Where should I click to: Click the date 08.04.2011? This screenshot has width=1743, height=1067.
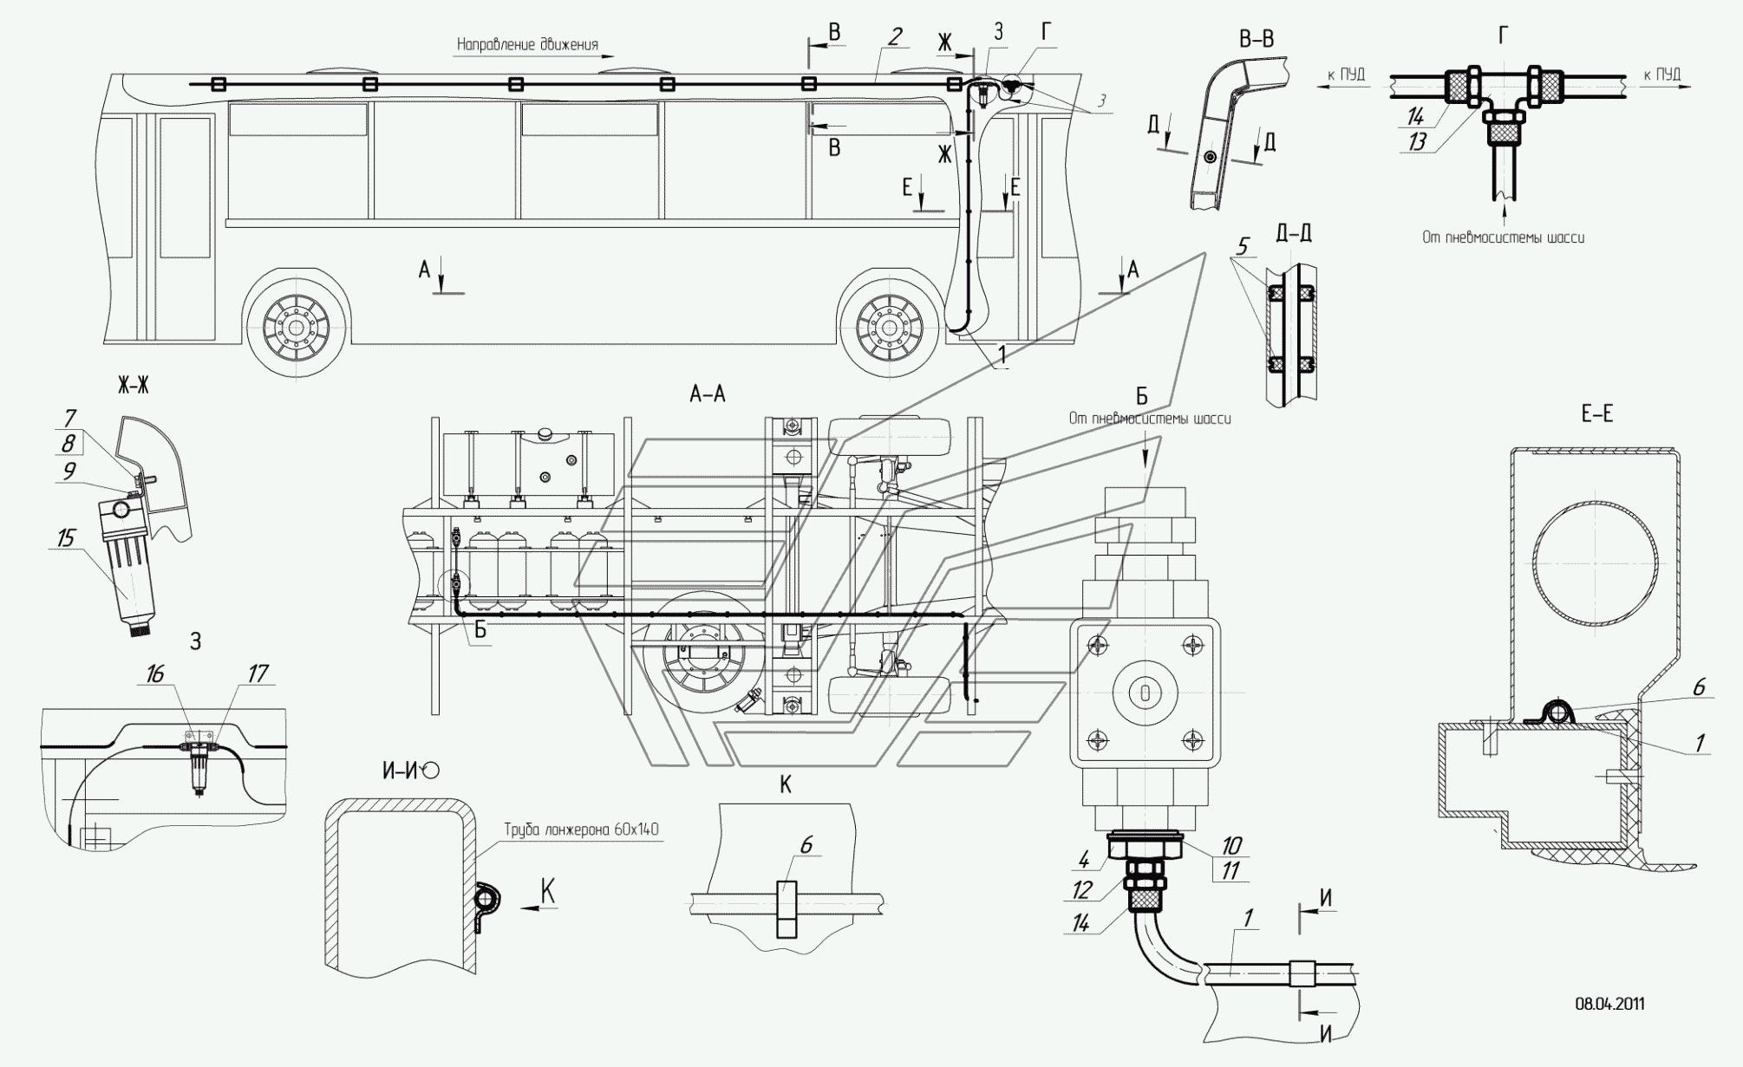[1609, 1004]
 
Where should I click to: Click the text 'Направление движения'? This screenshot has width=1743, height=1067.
[527, 44]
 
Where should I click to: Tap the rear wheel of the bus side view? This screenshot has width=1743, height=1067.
[297, 328]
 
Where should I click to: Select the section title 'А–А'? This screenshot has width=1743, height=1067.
[707, 394]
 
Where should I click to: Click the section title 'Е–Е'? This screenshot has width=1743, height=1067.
[1596, 414]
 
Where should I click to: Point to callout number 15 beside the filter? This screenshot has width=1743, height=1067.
[66, 538]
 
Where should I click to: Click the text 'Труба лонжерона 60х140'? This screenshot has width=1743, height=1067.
[581, 830]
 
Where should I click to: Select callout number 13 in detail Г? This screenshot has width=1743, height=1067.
[1417, 142]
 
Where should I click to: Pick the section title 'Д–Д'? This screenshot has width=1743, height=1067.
[1294, 233]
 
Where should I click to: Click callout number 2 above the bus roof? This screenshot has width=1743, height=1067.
[894, 36]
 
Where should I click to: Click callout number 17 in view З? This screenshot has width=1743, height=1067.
[258, 673]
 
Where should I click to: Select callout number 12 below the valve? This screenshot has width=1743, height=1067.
[1081, 890]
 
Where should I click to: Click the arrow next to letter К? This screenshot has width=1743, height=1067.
[538, 908]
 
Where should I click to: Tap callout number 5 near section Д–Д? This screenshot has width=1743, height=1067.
[1242, 247]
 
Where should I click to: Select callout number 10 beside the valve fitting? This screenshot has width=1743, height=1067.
[1231, 845]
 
